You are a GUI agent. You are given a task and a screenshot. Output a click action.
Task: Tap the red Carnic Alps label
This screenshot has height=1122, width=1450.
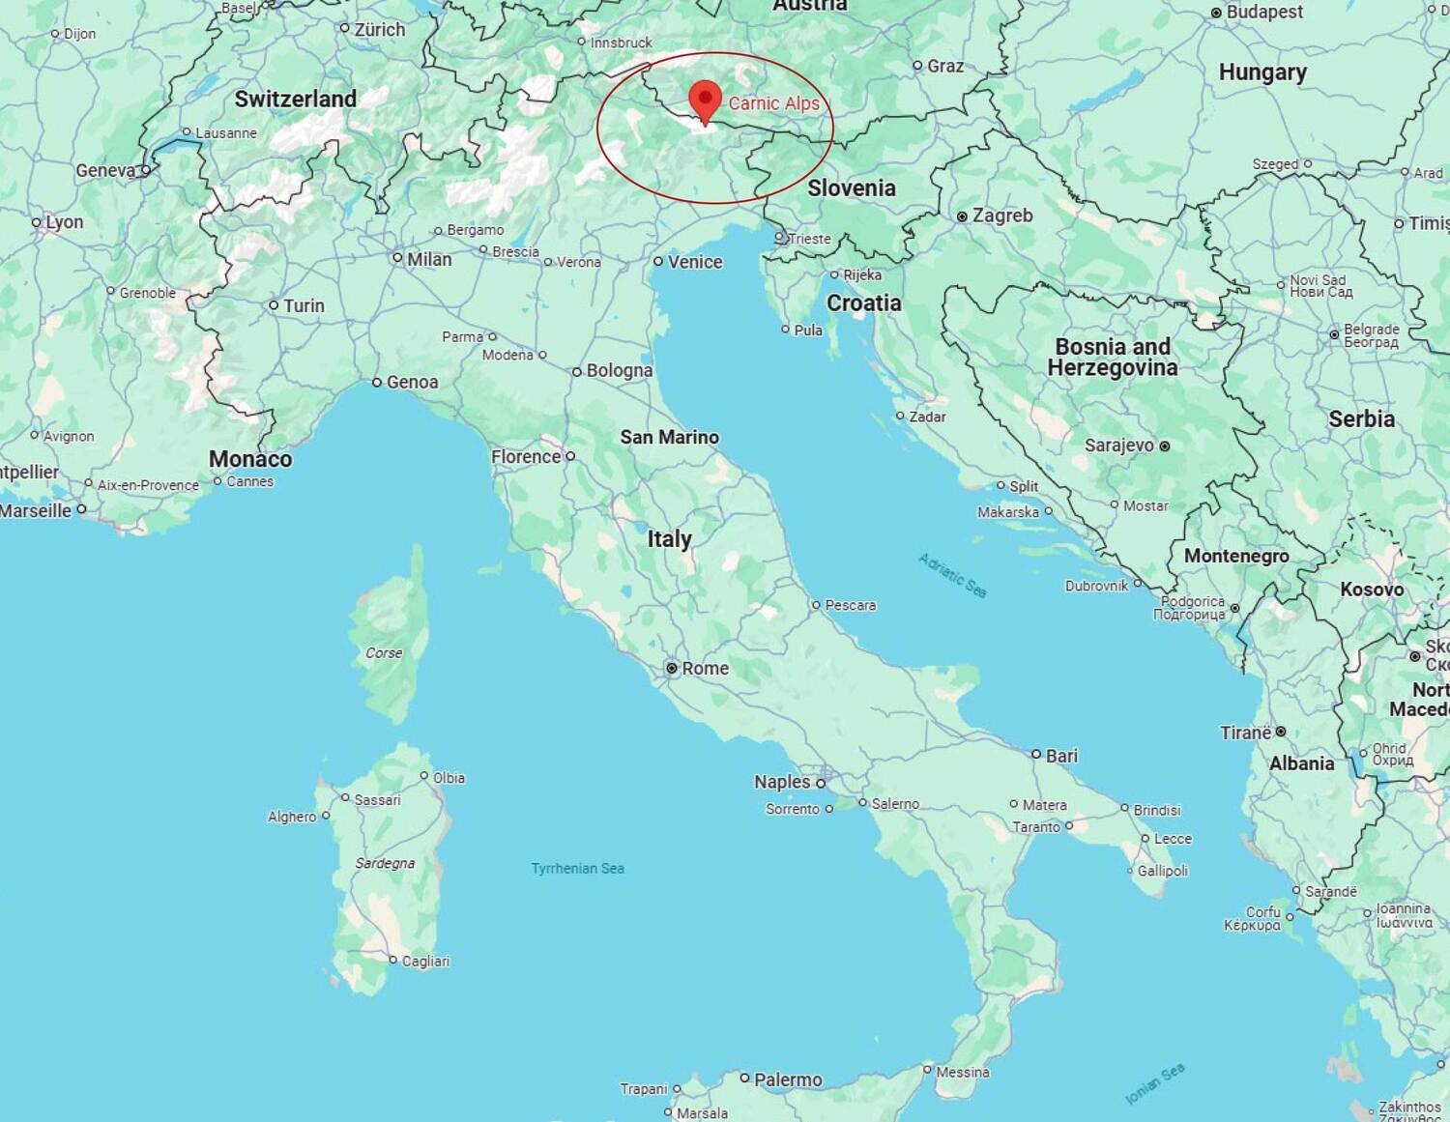pos(773,103)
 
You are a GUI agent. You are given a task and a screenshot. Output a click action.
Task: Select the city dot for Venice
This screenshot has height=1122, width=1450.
pos(658,261)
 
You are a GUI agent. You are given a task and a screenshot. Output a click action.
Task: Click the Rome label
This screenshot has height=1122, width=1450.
pos(705,668)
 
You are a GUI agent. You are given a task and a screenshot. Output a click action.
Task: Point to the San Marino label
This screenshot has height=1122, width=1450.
pos(669,437)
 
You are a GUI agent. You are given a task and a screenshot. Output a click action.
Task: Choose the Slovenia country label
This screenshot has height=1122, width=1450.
pos(851,187)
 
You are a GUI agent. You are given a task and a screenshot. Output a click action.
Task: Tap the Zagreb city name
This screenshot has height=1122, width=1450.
pos(1002,216)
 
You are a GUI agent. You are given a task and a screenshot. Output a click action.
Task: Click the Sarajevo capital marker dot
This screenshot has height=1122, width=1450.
pos(1165,446)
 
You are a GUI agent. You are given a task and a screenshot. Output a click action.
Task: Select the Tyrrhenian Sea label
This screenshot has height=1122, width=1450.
pos(577,868)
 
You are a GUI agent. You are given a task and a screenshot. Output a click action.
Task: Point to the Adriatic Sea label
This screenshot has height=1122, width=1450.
pos(953,575)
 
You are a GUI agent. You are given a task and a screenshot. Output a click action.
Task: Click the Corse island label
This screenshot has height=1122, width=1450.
pos(384,652)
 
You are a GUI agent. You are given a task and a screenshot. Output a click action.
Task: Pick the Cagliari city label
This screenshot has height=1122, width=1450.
pos(425,961)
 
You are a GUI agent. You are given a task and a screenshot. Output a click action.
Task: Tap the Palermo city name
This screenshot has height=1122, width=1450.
pos(788,1079)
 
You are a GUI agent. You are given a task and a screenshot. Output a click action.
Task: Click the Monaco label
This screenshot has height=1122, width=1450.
pos(250,459)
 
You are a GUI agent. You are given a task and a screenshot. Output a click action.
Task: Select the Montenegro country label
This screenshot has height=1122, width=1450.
pos(1236,556)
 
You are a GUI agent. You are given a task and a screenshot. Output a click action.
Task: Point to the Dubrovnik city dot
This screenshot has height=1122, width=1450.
pos(1138,584)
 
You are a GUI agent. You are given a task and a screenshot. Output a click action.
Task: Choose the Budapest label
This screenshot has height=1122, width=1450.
pos(1264,12)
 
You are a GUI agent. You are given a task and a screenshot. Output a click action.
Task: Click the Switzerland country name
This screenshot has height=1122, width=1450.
pos(295,99)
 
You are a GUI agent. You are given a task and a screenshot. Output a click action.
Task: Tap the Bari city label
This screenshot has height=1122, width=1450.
pos(1061,756)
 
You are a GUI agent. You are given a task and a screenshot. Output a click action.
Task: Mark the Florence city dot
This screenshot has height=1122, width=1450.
pos(570,456)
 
